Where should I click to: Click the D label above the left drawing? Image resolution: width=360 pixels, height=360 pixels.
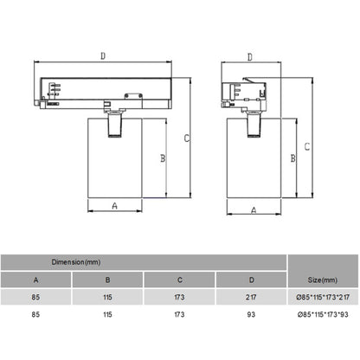(103, 56)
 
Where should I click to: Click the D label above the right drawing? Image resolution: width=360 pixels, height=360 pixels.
(250, 57)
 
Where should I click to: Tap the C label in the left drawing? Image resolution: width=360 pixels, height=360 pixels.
(187, 138)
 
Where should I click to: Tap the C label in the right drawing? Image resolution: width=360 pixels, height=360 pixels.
(307, 146)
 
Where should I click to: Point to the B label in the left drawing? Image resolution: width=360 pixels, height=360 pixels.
(163, 158)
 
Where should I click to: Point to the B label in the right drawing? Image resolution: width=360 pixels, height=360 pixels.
(292, 158)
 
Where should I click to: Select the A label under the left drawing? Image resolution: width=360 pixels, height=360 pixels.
(114, 206)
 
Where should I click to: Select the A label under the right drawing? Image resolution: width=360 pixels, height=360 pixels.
(254, 210)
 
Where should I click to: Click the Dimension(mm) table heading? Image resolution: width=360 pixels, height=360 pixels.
(76, 262)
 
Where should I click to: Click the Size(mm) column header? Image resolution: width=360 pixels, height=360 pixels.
(323, 280)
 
